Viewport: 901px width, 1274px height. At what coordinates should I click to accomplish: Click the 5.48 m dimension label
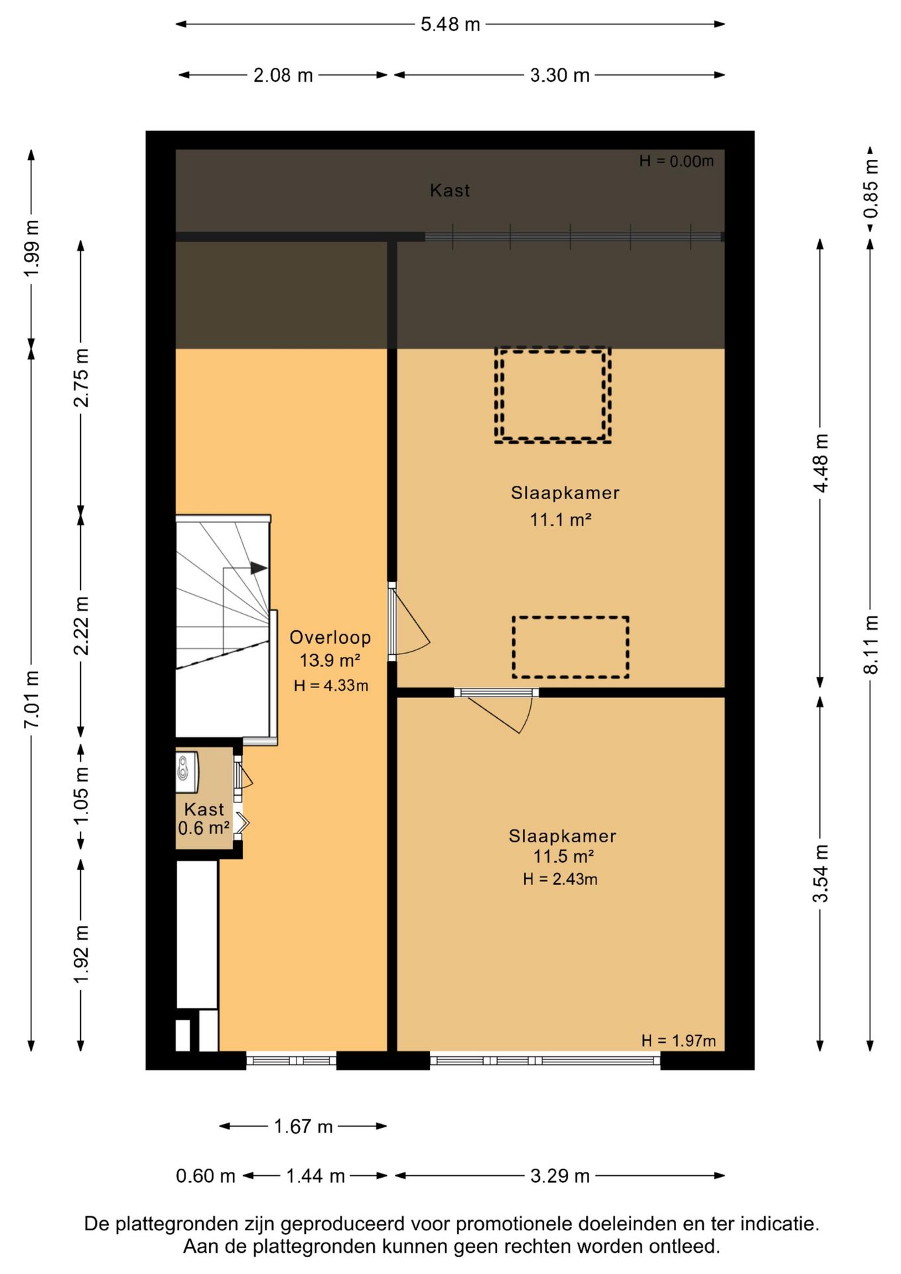pyautogui.click(x=450, y=25)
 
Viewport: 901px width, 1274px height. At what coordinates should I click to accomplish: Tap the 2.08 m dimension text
pyautogui.click(x=283, y=75)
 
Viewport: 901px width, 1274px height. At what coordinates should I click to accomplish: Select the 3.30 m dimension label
pyautogui.click(x=559, y=75)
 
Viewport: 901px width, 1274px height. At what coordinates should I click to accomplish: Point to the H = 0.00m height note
pyautogui.click(x=676, y=161)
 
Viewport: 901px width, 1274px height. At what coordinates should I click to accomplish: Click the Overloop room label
pyautogui.click(x=330, y=638)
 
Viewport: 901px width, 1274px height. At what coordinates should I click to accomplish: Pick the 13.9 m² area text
pyautogui.click(x=330, y=661)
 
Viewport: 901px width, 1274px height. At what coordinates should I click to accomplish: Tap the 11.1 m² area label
pyautogui.click(x=560, y=520)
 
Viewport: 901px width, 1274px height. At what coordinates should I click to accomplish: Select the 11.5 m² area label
pyautogui.click(x=563, y=856)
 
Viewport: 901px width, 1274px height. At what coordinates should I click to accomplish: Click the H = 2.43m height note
pyautogui.click(x=560, y=879)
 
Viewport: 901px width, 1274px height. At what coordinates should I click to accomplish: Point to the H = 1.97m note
pyautogui.click(x=678, y=1041)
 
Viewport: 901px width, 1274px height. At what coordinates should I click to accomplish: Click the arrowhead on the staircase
pyautogui.click(x=259, y=568)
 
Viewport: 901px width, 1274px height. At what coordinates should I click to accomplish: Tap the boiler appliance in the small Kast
pyautogui.click(x=187, y=772)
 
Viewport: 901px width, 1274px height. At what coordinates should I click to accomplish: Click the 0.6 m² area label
pyautogui.click(x=204, y=828)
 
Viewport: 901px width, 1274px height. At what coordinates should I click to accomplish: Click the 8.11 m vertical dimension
pyautogui.click(x=870, y=644)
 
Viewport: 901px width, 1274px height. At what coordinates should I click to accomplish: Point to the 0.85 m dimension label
pyautogui.click(x=870, y=190)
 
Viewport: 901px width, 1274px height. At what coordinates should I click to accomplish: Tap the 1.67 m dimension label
pyautogui.click(x=303, y=1127)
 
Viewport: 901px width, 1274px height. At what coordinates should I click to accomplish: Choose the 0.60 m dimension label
pyautogui.click(x=206, y=1176)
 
